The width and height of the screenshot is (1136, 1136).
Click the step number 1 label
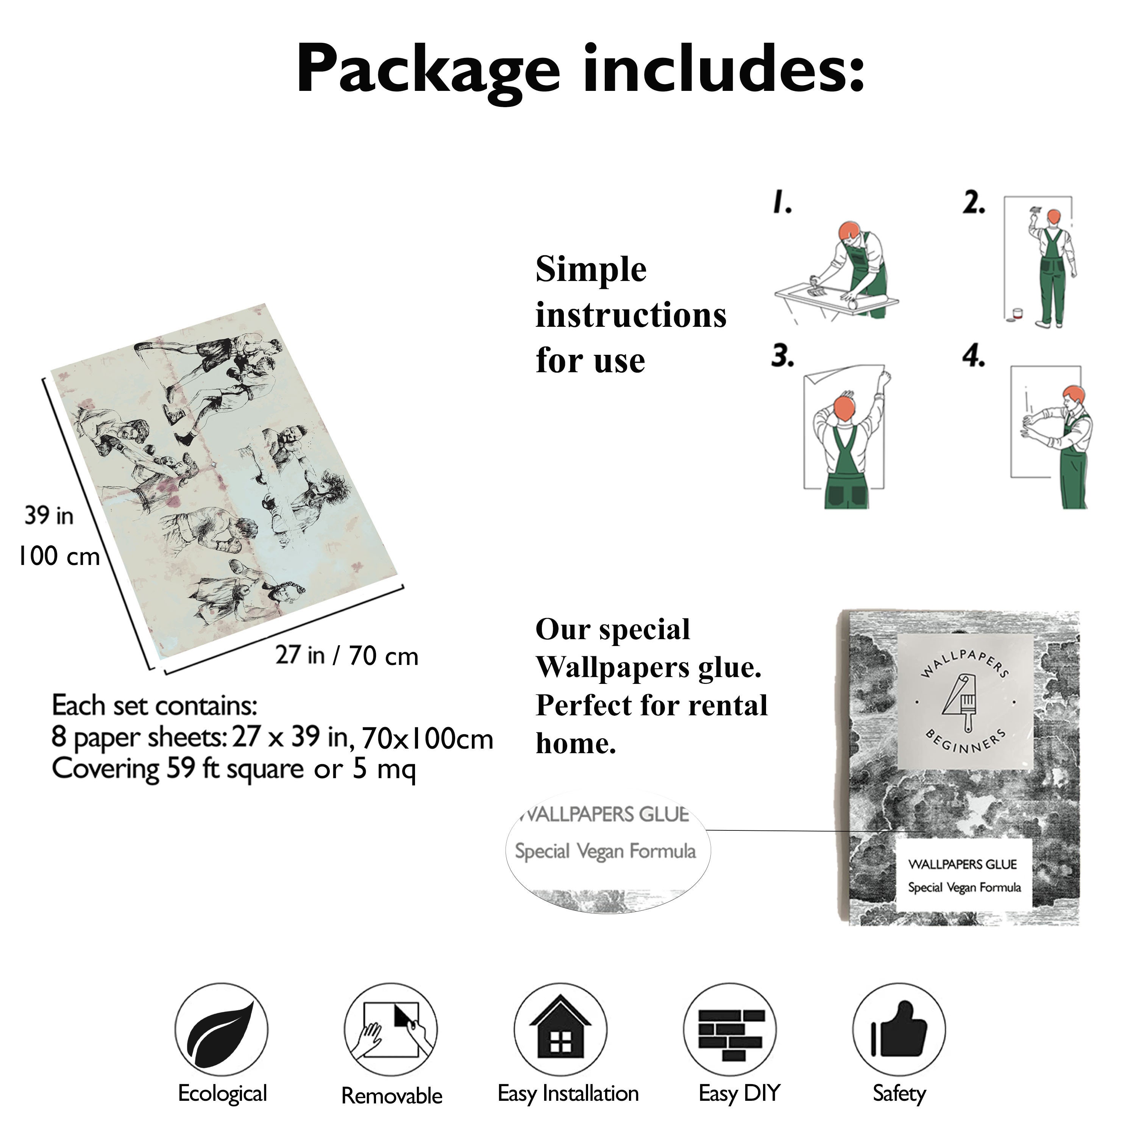pos(782,202)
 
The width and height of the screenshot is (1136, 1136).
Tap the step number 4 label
pos(974,356)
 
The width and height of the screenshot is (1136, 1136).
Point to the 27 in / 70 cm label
pos(347,655)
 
